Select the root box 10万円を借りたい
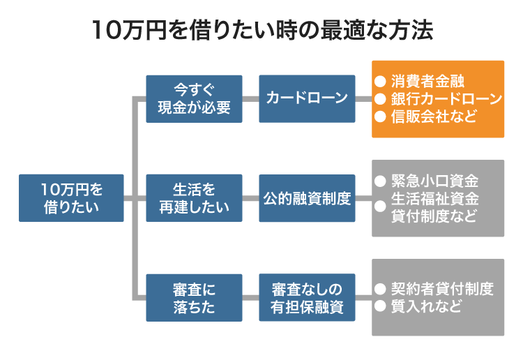71,198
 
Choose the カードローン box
306,99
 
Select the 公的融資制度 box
306,198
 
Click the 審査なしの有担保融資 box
306,298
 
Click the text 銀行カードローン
446,98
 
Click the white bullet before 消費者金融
380,81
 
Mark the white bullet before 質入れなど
380,307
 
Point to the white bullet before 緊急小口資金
380,181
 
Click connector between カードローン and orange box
362,99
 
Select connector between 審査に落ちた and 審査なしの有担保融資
250,298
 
